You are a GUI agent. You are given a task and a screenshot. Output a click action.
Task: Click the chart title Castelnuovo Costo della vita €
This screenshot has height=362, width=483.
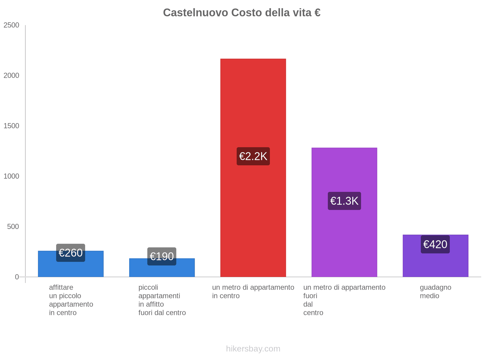click(x=241, y=13)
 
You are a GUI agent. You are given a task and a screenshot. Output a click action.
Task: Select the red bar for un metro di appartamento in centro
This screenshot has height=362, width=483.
click(x=253, y=106)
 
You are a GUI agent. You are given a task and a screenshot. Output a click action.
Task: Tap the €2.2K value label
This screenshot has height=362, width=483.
click(x=253, y=156)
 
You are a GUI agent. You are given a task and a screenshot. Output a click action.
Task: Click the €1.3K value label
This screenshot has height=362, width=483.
click(x=344, y=201)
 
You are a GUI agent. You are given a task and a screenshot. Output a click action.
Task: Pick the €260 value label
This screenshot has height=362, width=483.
click(x=71, y=253)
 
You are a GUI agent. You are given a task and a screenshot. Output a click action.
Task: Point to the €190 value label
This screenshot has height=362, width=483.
click(x=162, y=256)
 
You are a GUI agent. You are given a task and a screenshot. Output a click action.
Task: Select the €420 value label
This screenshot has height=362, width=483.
click(x=435, y=244)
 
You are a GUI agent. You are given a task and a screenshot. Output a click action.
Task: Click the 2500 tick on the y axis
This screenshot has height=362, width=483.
click(x=11, y=25)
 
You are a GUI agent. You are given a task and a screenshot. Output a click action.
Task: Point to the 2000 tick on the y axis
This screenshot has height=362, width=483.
click(x=11, y=76)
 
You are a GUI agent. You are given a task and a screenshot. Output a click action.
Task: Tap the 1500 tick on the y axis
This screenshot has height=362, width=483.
click(x=11, y=126)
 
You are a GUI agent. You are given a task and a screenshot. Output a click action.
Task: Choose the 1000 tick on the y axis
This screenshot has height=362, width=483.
click(x=11, y=176)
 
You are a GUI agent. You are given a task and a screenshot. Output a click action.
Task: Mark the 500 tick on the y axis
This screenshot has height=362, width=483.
click(x=13, y=227)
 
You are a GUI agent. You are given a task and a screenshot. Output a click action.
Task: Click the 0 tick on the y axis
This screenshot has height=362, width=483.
click(x=17, y=277)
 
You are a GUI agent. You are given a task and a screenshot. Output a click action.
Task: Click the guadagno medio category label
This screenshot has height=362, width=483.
click(x=435, y=291)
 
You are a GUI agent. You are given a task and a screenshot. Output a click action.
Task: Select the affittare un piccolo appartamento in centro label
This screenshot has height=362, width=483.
click(x=71, y=300)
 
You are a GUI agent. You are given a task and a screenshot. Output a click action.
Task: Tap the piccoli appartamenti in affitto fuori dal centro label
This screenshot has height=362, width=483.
click(x=162, y=300)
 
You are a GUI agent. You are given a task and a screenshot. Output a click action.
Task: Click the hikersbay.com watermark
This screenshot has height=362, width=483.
click(x=253, y=349)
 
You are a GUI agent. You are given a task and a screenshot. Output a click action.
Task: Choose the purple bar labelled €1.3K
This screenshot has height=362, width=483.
click(x=344, y=169)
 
